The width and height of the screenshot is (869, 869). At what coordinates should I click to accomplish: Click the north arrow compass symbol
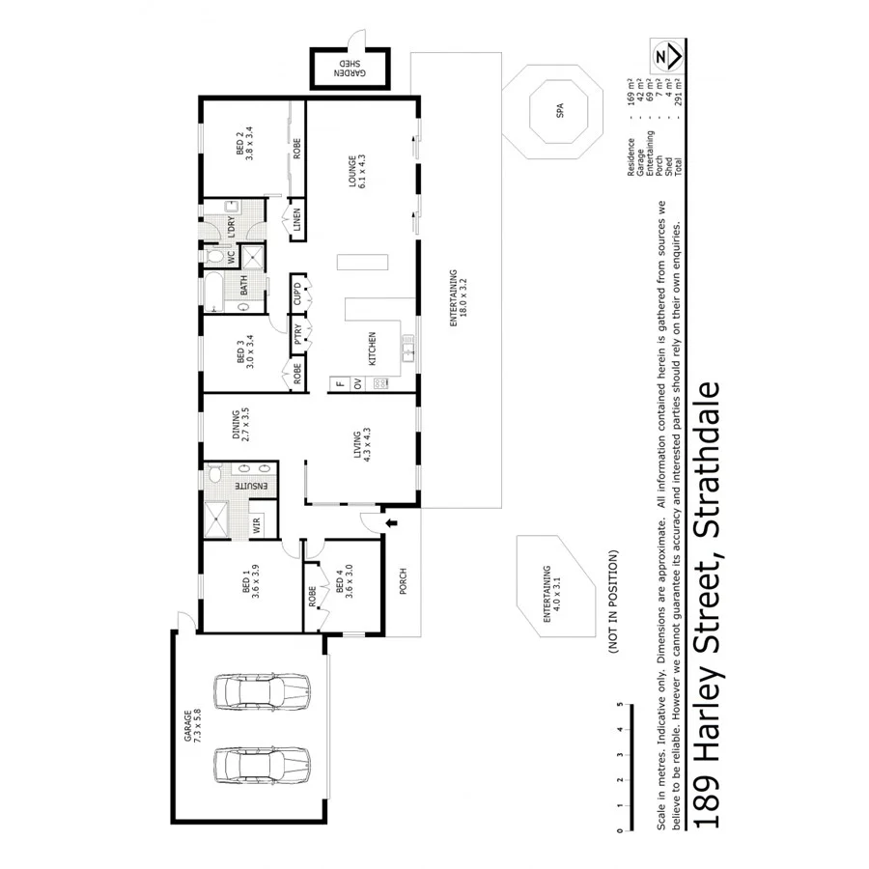coord(662,57)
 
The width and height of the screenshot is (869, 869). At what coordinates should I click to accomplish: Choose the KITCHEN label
coord(371,348)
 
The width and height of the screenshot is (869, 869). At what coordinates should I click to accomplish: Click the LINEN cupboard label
coord(296,221)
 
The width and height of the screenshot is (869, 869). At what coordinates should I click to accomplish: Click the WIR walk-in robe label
coord(257,524)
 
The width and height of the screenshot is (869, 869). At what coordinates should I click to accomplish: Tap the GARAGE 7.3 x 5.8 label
coord(193,725)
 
